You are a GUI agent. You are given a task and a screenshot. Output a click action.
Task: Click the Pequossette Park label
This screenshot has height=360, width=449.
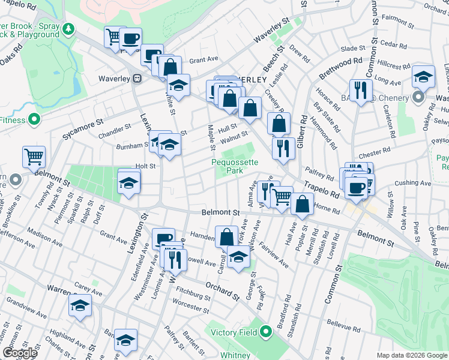[x=235, y=166]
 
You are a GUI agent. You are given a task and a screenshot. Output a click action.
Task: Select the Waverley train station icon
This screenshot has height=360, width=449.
[x=137, y=77]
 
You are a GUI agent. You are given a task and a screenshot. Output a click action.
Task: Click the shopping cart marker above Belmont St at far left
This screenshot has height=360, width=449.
[x=34, y=157]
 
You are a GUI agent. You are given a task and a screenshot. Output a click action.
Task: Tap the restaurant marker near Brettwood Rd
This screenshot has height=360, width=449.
[x=361, y=90]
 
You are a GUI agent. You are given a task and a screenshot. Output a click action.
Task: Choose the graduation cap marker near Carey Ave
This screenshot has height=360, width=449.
[x=80, y=305]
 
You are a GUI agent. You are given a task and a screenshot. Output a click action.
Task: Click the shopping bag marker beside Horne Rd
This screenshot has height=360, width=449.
[x=303, y=204]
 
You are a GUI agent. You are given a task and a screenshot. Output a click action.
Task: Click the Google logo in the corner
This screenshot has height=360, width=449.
[x=20, y=353]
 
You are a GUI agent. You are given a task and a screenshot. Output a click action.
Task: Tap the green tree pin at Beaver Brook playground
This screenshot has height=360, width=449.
[x=69, y=28]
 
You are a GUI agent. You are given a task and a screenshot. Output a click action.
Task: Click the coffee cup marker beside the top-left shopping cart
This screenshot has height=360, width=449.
[x=130, y=39]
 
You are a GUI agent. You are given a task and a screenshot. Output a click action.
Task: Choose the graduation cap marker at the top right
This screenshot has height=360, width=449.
[x=423, y=76]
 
